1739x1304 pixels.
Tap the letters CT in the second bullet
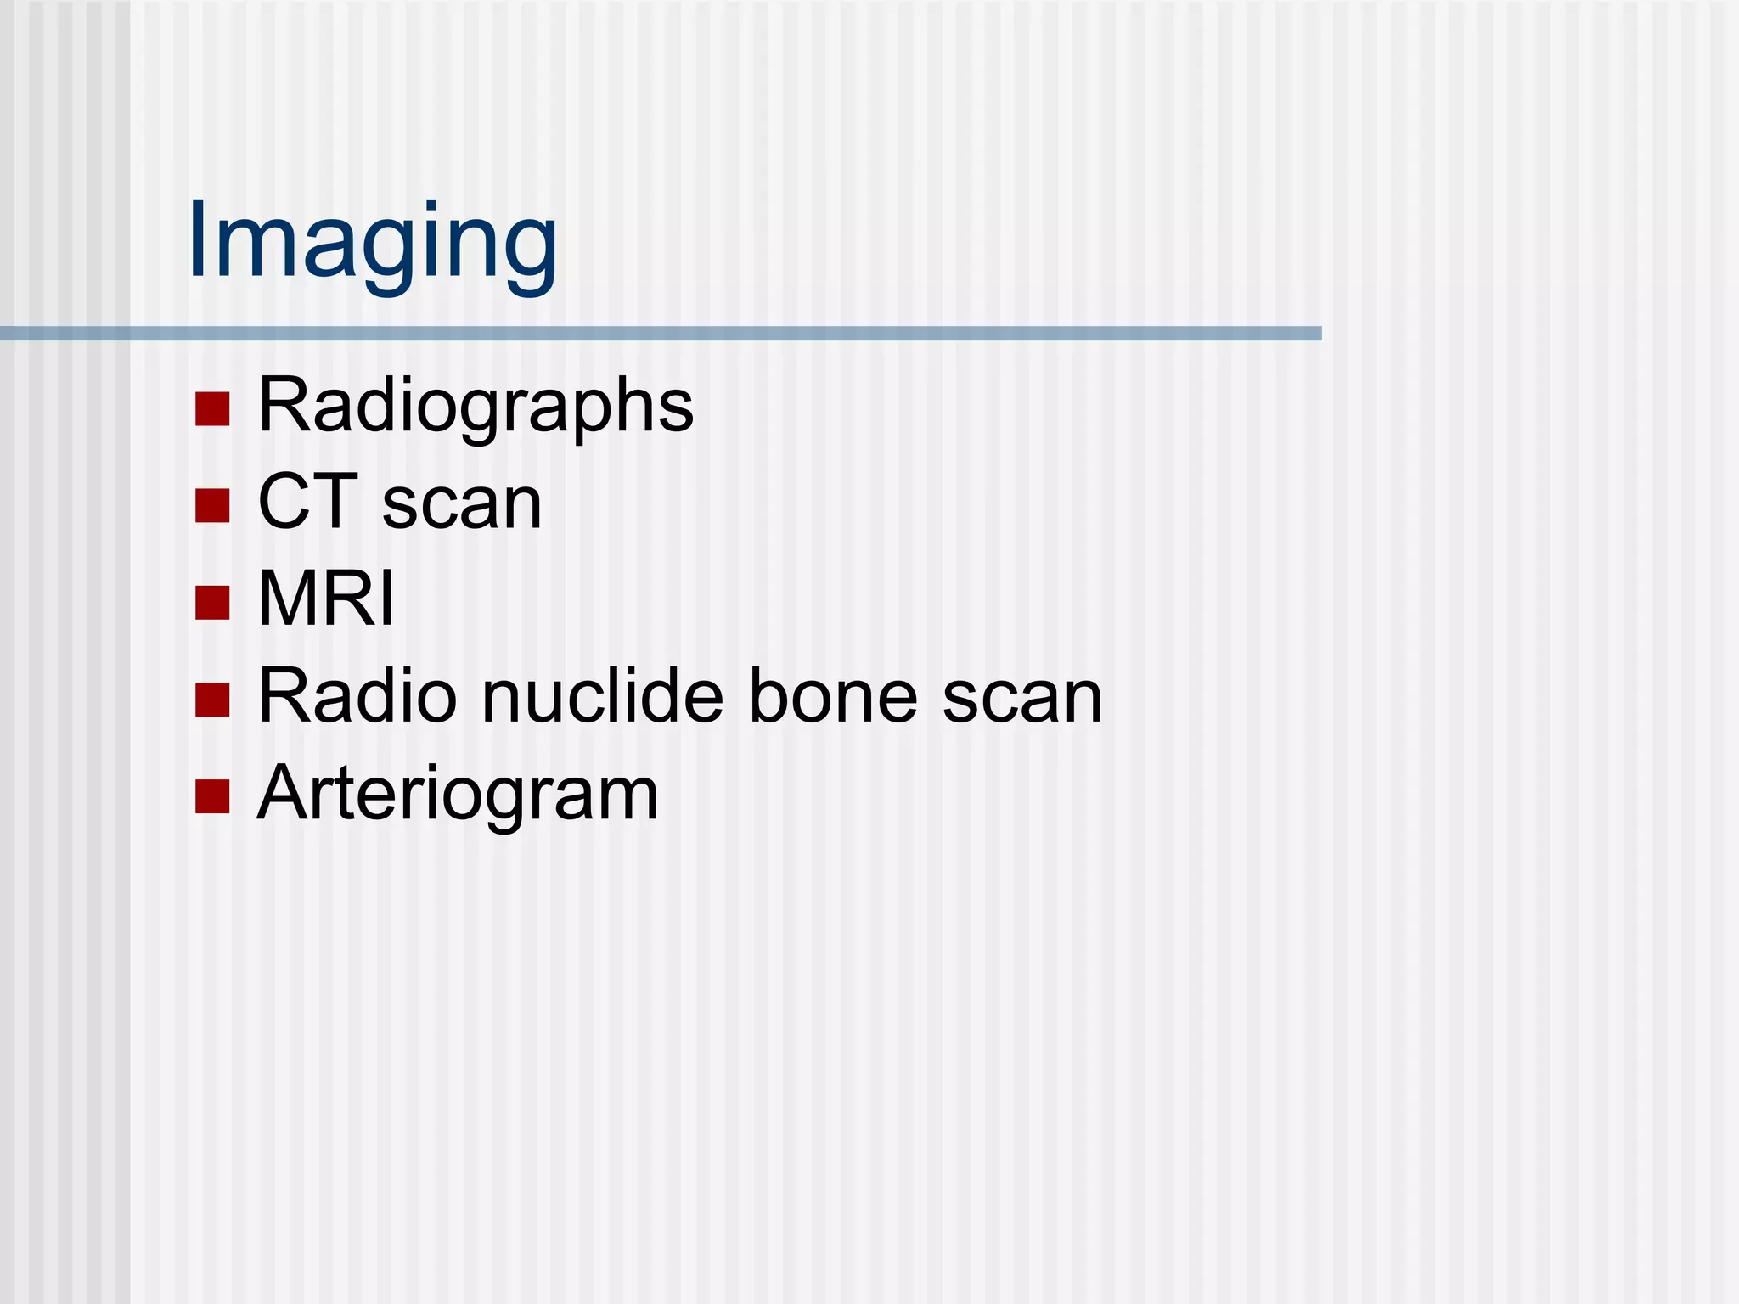[x=307, y=503]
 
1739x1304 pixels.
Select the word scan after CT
[x=462, y=505]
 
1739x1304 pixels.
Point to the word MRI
[x=326, y=599]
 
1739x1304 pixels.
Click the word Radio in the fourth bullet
[x=357, y=697]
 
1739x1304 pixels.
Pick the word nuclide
[x=603, y=697]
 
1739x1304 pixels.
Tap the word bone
[x=832, y=697]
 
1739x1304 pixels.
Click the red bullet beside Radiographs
[x=212, y=408]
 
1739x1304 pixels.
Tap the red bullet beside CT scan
[x=212, y=506]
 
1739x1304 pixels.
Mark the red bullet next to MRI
[x=212, y=603]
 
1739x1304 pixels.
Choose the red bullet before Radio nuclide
[x=212, y=700]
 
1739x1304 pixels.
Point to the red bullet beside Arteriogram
[x=212, y=797]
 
